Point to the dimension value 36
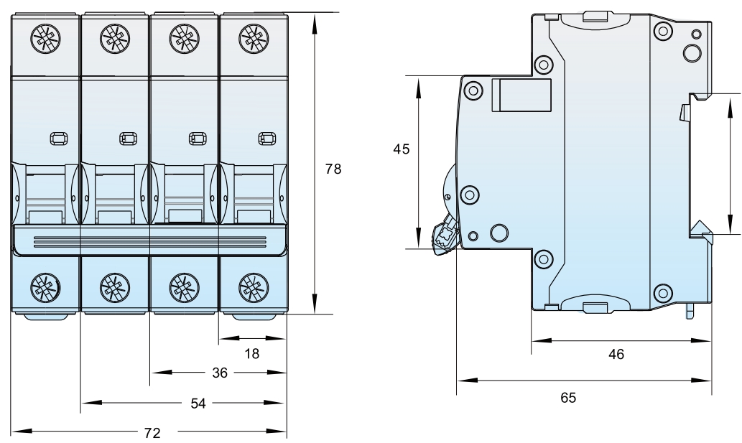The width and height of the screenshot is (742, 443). point(221,373)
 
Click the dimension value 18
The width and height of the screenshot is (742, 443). point(251,353)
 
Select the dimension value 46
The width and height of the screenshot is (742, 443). point(616,353)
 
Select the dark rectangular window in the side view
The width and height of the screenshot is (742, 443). point(521,95)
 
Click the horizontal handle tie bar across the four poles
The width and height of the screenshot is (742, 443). point(149,239)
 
